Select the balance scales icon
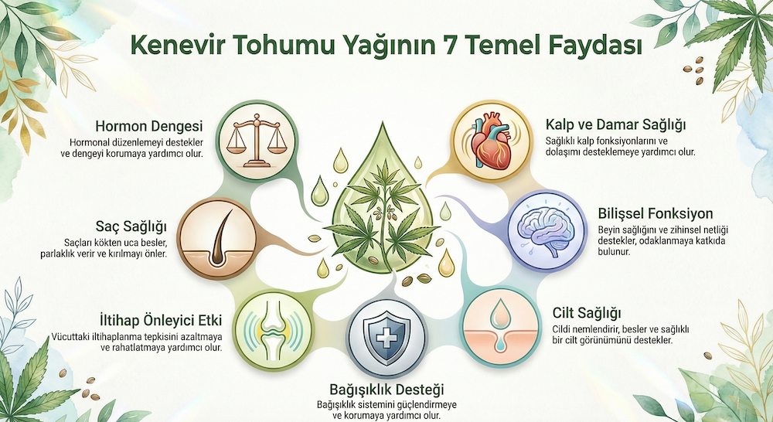tap(256, 140)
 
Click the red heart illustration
tap(492, 142)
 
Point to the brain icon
tap(547, 231)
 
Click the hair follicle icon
tap(217, 239)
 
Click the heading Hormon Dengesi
tap(149, 126)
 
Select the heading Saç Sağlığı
tap(131, 226)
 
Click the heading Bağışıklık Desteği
tap(386, 390)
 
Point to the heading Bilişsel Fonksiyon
tap(656, 213)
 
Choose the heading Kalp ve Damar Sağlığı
tap(616, 124)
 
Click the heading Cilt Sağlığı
tap(587, 313)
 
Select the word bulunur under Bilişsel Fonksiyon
tap(615, 251)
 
